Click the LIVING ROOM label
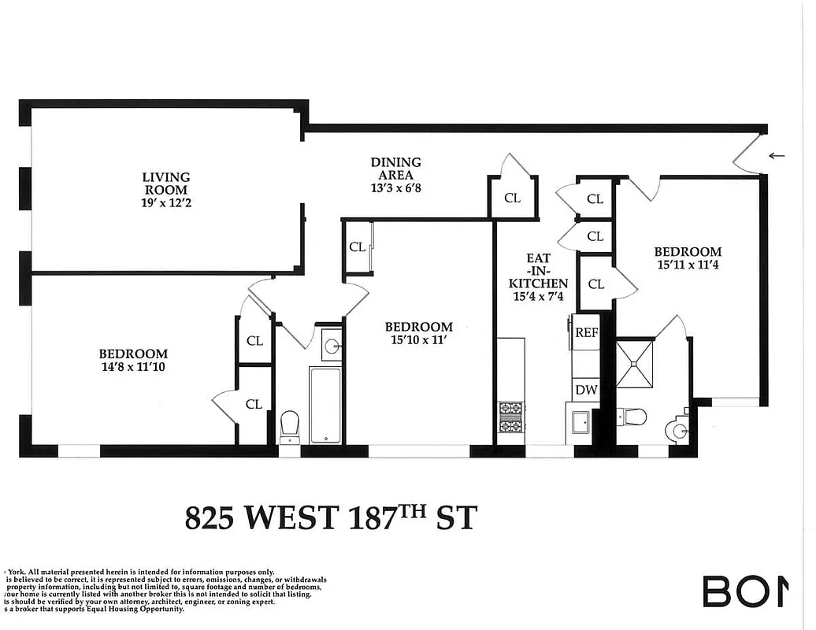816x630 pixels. tap(165, 183)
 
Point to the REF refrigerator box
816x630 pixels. tap(587, 332)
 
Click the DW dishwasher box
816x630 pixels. tap(585, 389)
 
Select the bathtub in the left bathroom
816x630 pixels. tap(325, 404)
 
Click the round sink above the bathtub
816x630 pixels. tap(332, 345)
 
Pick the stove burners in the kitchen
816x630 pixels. tap(510, 417)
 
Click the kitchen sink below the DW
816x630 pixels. tap(581, 423)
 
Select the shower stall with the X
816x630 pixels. tap(635, 363)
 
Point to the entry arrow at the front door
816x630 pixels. tap(777, 156)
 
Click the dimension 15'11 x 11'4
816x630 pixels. tap(687, 265)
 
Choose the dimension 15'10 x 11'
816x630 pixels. tap(418, 340)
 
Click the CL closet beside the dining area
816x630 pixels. tap(512, 198)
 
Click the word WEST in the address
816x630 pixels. tap(292, 518)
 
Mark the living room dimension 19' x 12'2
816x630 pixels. tap(165, 203)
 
